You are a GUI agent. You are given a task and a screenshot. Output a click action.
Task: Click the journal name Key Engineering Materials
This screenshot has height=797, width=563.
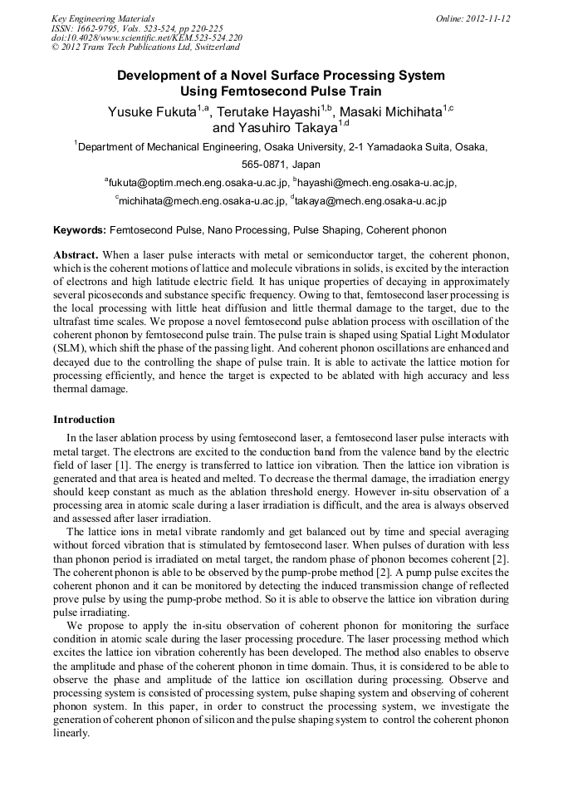(x=103, y=18)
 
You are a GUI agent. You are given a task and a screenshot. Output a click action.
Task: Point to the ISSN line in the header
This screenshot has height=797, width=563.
(x=137, y=28)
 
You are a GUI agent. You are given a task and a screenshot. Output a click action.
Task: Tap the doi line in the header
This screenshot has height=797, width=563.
(x=147, y=38)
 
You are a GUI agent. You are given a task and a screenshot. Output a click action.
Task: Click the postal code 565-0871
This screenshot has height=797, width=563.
(x=261, y=165)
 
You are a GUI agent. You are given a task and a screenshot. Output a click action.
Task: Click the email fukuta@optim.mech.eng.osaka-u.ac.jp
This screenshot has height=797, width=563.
(x=198, y=183)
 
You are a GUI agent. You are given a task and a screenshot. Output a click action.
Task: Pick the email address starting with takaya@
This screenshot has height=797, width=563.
(x=371, y=200)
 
